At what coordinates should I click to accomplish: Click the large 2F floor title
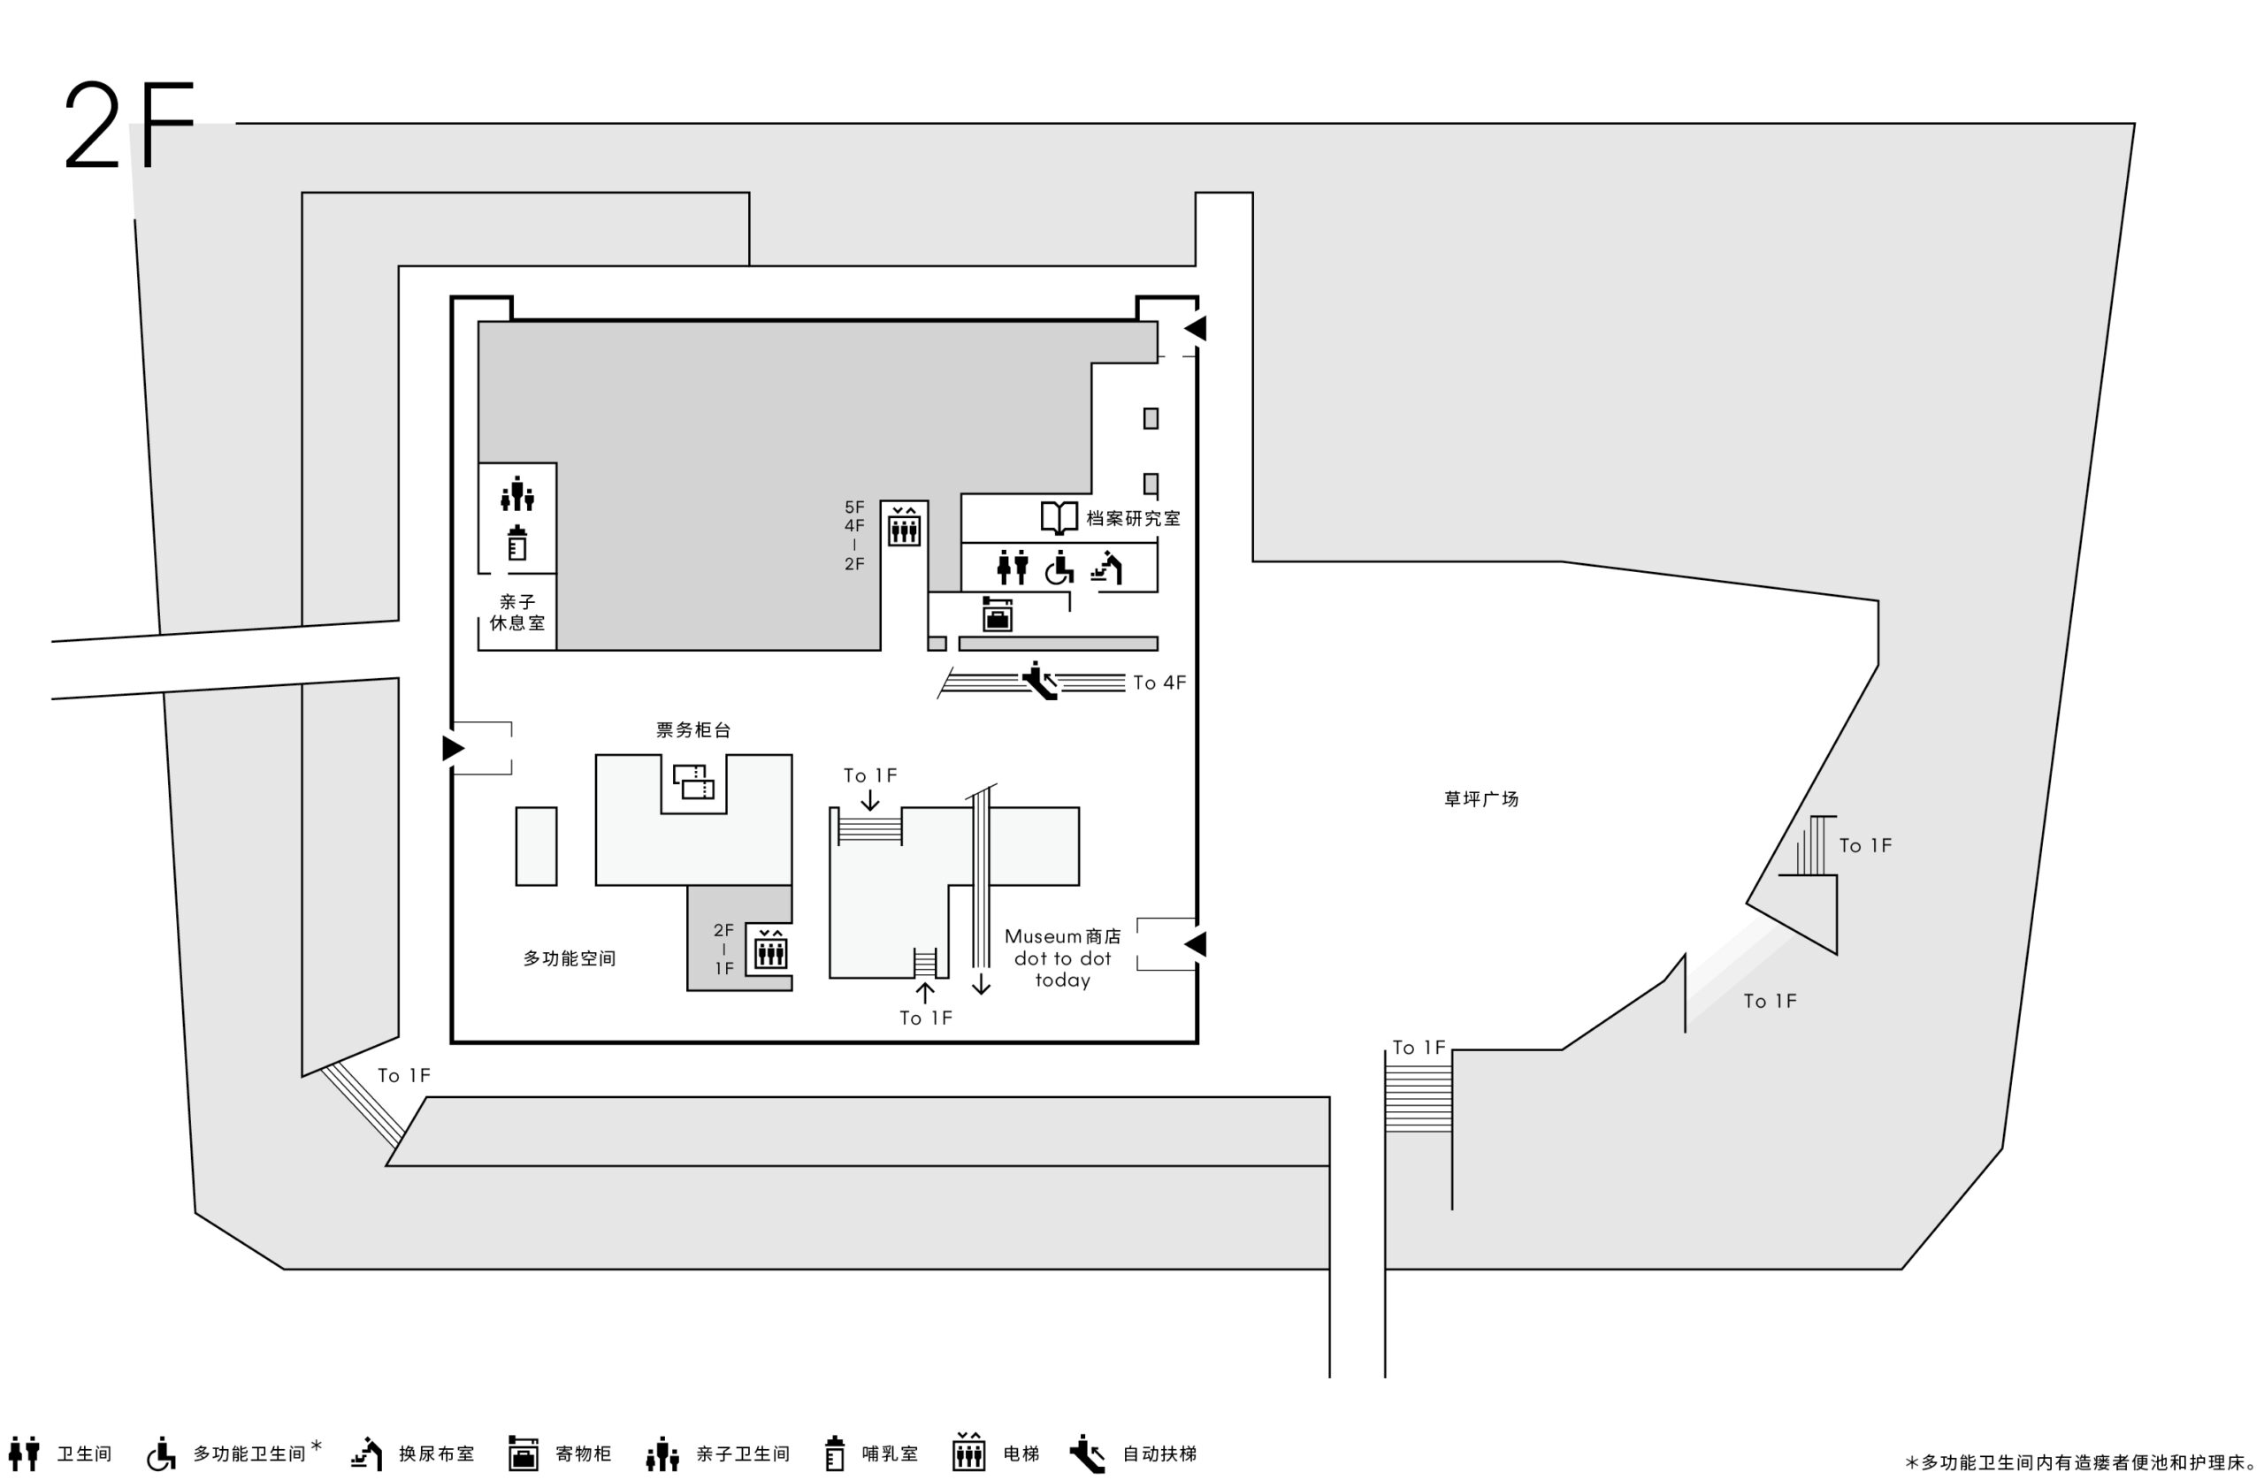128,125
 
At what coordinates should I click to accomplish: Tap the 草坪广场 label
1481,799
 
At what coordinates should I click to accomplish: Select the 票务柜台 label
693,729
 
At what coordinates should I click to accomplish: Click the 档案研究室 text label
1133,518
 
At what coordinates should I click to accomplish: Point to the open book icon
1059,518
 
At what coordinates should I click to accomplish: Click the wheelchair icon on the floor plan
1059,567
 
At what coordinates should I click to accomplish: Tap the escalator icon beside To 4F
1040,681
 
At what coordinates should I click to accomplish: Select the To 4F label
1159,682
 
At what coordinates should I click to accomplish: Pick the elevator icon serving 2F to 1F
770,950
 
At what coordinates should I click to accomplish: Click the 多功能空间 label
570,957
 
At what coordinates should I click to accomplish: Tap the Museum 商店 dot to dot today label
1062,957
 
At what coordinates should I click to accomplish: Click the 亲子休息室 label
517,613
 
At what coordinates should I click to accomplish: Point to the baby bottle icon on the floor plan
517,543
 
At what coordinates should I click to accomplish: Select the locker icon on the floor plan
997,614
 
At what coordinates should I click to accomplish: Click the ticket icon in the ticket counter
693,782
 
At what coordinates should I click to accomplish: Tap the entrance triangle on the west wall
454,749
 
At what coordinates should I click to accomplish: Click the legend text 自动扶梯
1159,1453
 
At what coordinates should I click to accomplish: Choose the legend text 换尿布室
437,1453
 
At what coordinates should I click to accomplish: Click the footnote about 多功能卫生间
2079,1462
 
